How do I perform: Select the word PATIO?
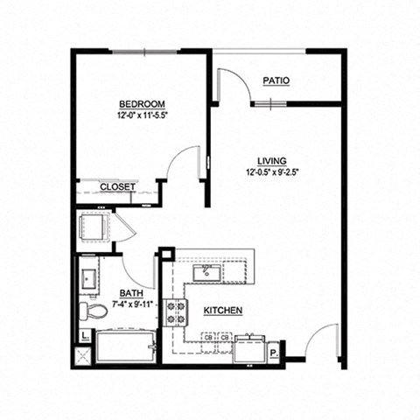276,80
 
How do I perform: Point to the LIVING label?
272,160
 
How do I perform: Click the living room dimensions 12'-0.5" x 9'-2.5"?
272,172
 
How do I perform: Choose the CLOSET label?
116,186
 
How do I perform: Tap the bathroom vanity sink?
90,279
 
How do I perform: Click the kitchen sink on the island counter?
206,273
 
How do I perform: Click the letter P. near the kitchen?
274,354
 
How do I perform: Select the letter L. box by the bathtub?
85,335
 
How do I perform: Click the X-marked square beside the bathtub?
85,355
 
